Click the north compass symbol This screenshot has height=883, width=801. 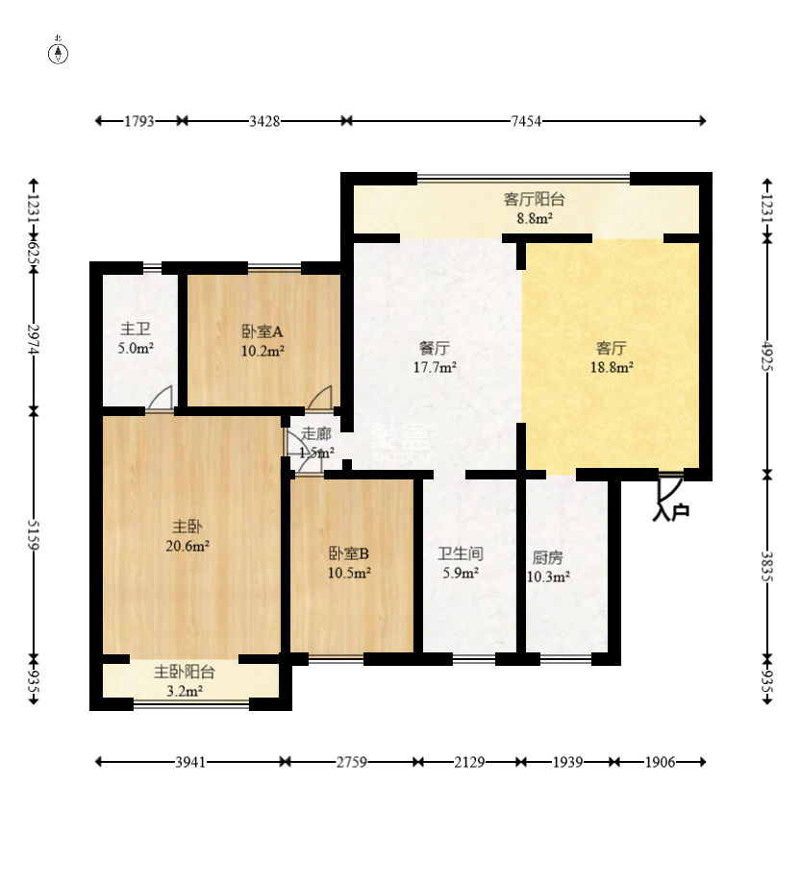point(59,53)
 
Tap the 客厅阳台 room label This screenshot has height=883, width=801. point(534,200)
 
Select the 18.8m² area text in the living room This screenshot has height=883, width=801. point(611,366)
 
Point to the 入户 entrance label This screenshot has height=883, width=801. point(670,513)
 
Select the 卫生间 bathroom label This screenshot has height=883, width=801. point(460,554)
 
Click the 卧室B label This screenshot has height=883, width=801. point(349,553)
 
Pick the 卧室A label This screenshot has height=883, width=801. point(262,331)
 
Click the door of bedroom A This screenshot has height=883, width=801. point(320,399)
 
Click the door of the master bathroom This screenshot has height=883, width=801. point(161,399)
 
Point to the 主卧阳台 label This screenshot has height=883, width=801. point(185,673)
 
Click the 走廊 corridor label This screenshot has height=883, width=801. point(315,433)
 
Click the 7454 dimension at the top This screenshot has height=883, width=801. point(526,121)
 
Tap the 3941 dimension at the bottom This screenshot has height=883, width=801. point(190,762)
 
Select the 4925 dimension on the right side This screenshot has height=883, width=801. point(767,356)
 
